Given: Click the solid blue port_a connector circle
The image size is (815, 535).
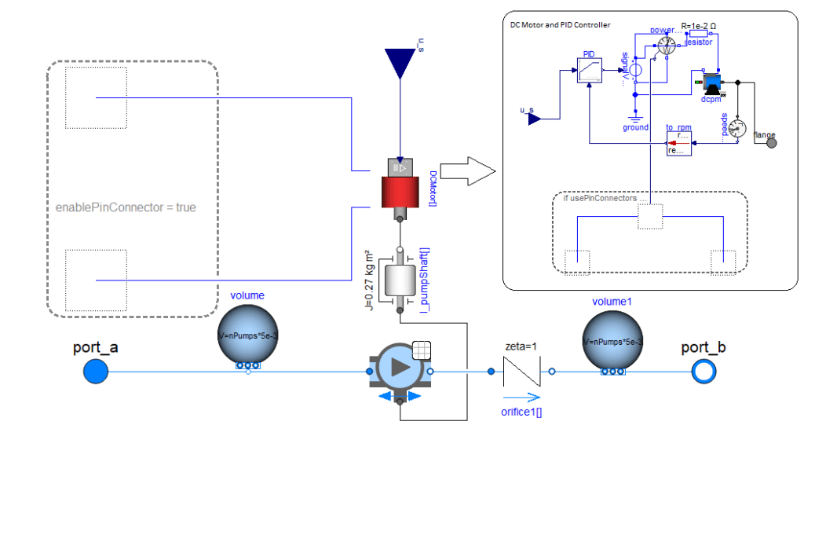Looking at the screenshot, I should pos(95,371).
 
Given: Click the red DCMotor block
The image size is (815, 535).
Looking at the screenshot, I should pos(400,191).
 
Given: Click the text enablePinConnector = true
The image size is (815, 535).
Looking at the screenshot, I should pos(126,207).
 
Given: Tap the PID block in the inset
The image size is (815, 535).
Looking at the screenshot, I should pos(589,73).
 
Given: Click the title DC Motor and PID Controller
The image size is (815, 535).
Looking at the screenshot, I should pos(560,25).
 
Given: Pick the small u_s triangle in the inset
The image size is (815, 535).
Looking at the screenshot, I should pos(534,119).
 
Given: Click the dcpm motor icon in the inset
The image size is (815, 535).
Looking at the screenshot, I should pos(712,82).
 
